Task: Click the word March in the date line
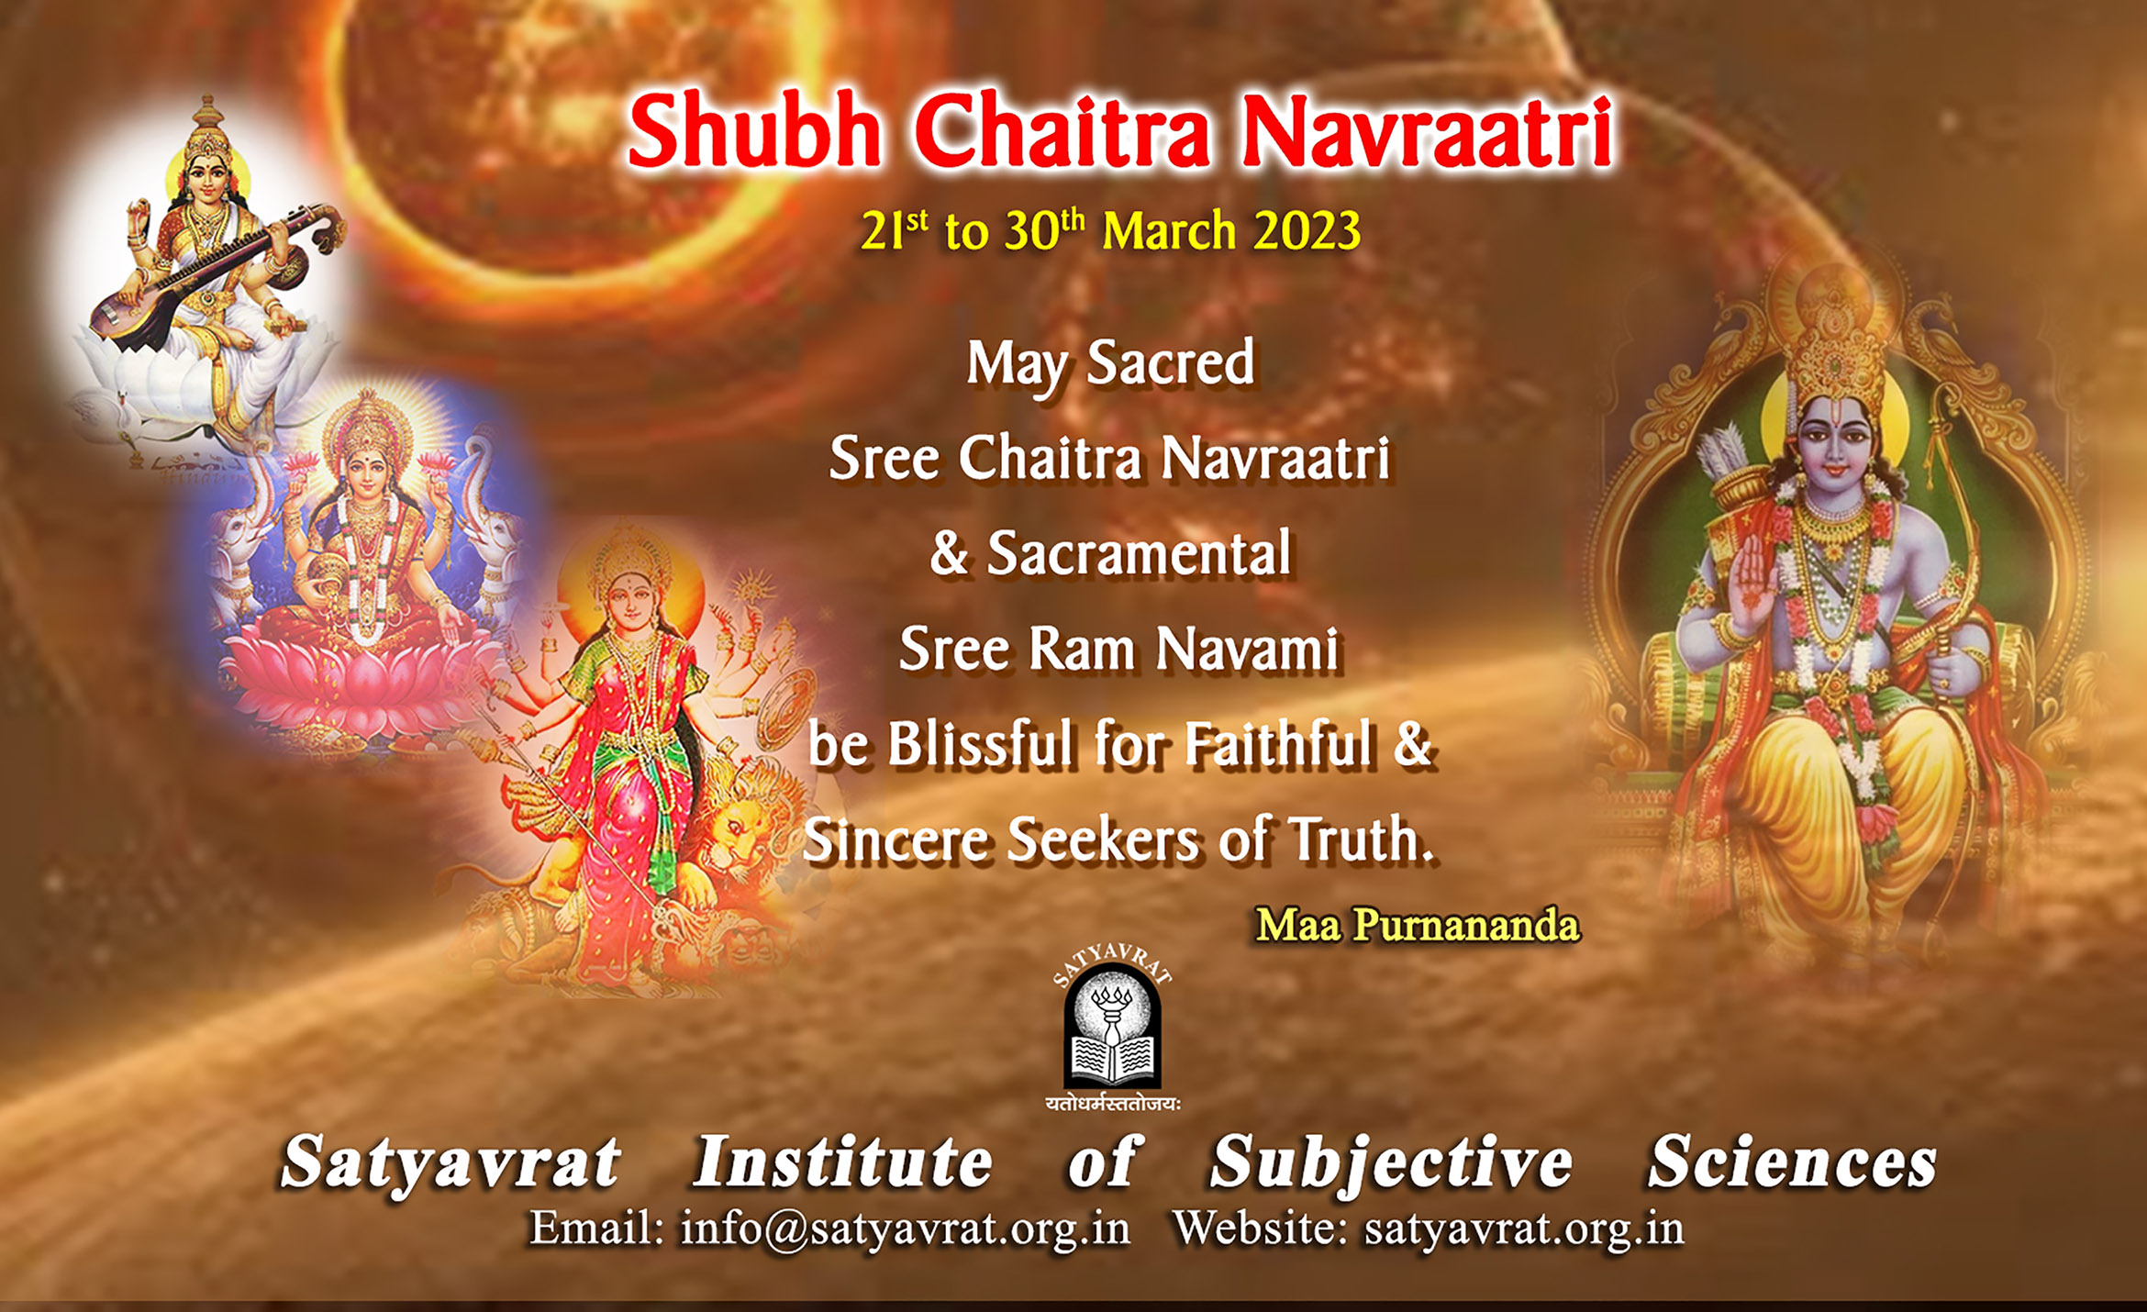[x=1169, y=231]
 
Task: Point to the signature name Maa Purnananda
[x=1418, y=925]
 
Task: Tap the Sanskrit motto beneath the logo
[x=1112, y=1104]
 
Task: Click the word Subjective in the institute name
[x=1391, y=1163]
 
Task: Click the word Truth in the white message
[x=1362, y=839]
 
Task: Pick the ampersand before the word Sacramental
[x=949, y=553]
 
